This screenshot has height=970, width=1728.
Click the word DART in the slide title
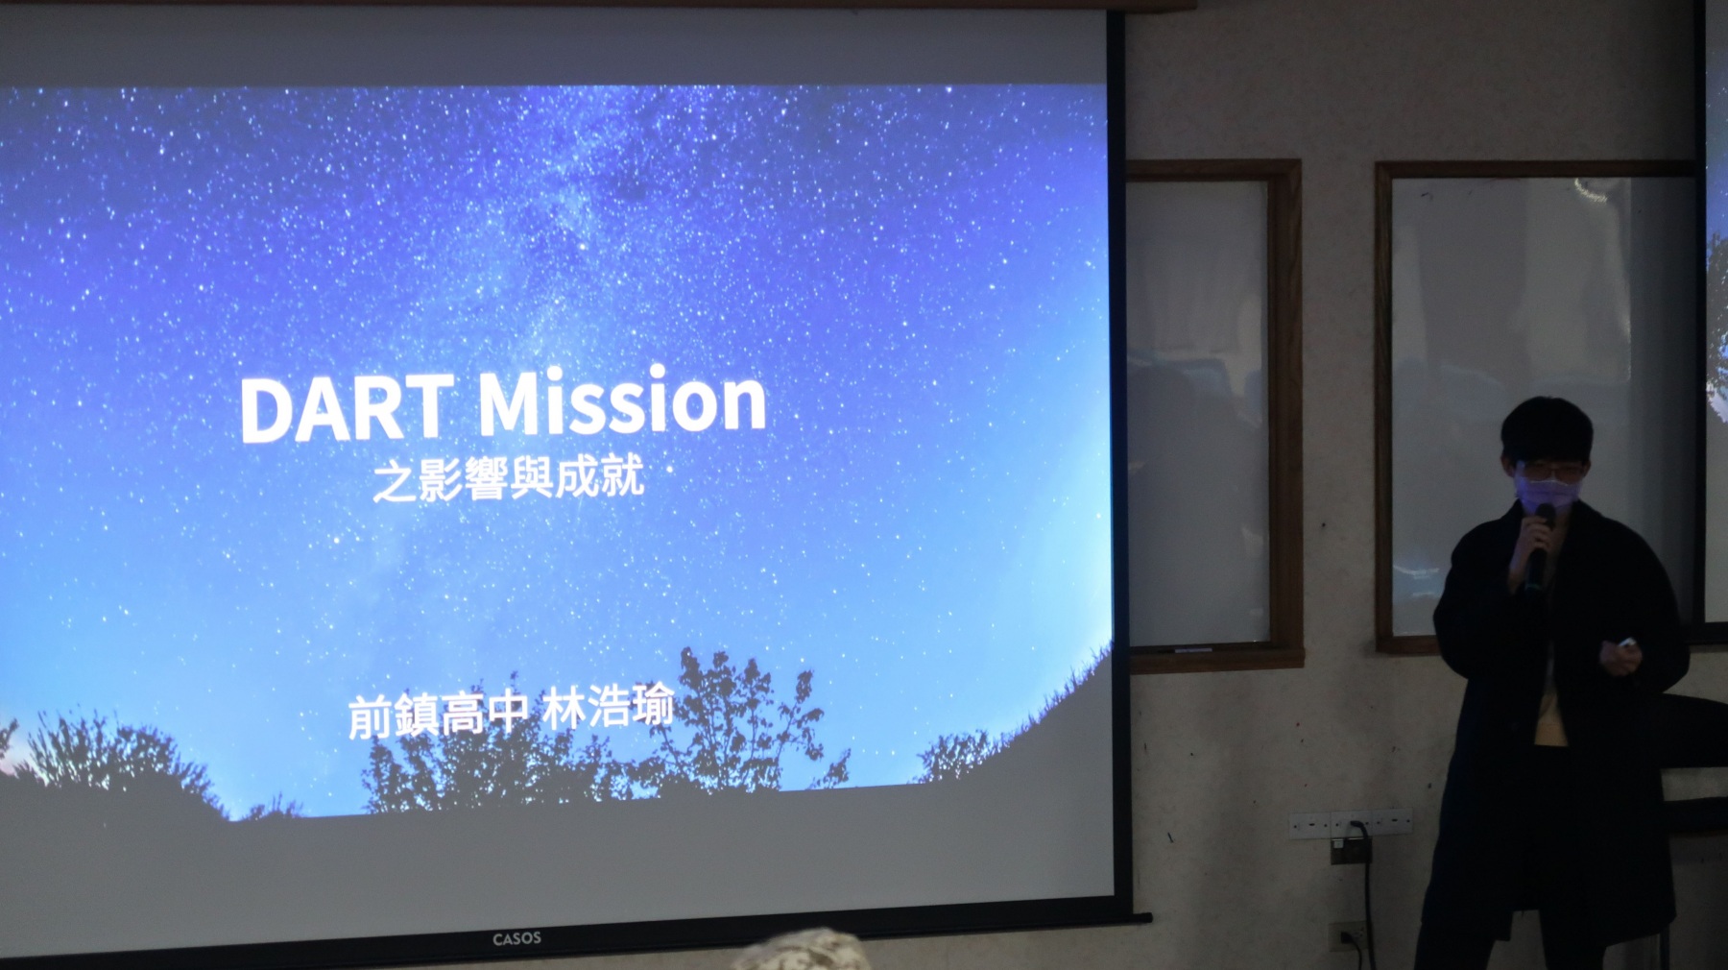coord(347,408)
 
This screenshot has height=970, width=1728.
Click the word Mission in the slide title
coord(622,400)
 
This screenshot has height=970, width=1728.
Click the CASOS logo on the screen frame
coord(516,938)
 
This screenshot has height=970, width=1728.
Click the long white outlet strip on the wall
coord(1351,822)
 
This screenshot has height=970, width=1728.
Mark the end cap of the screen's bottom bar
coord(1142,918)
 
